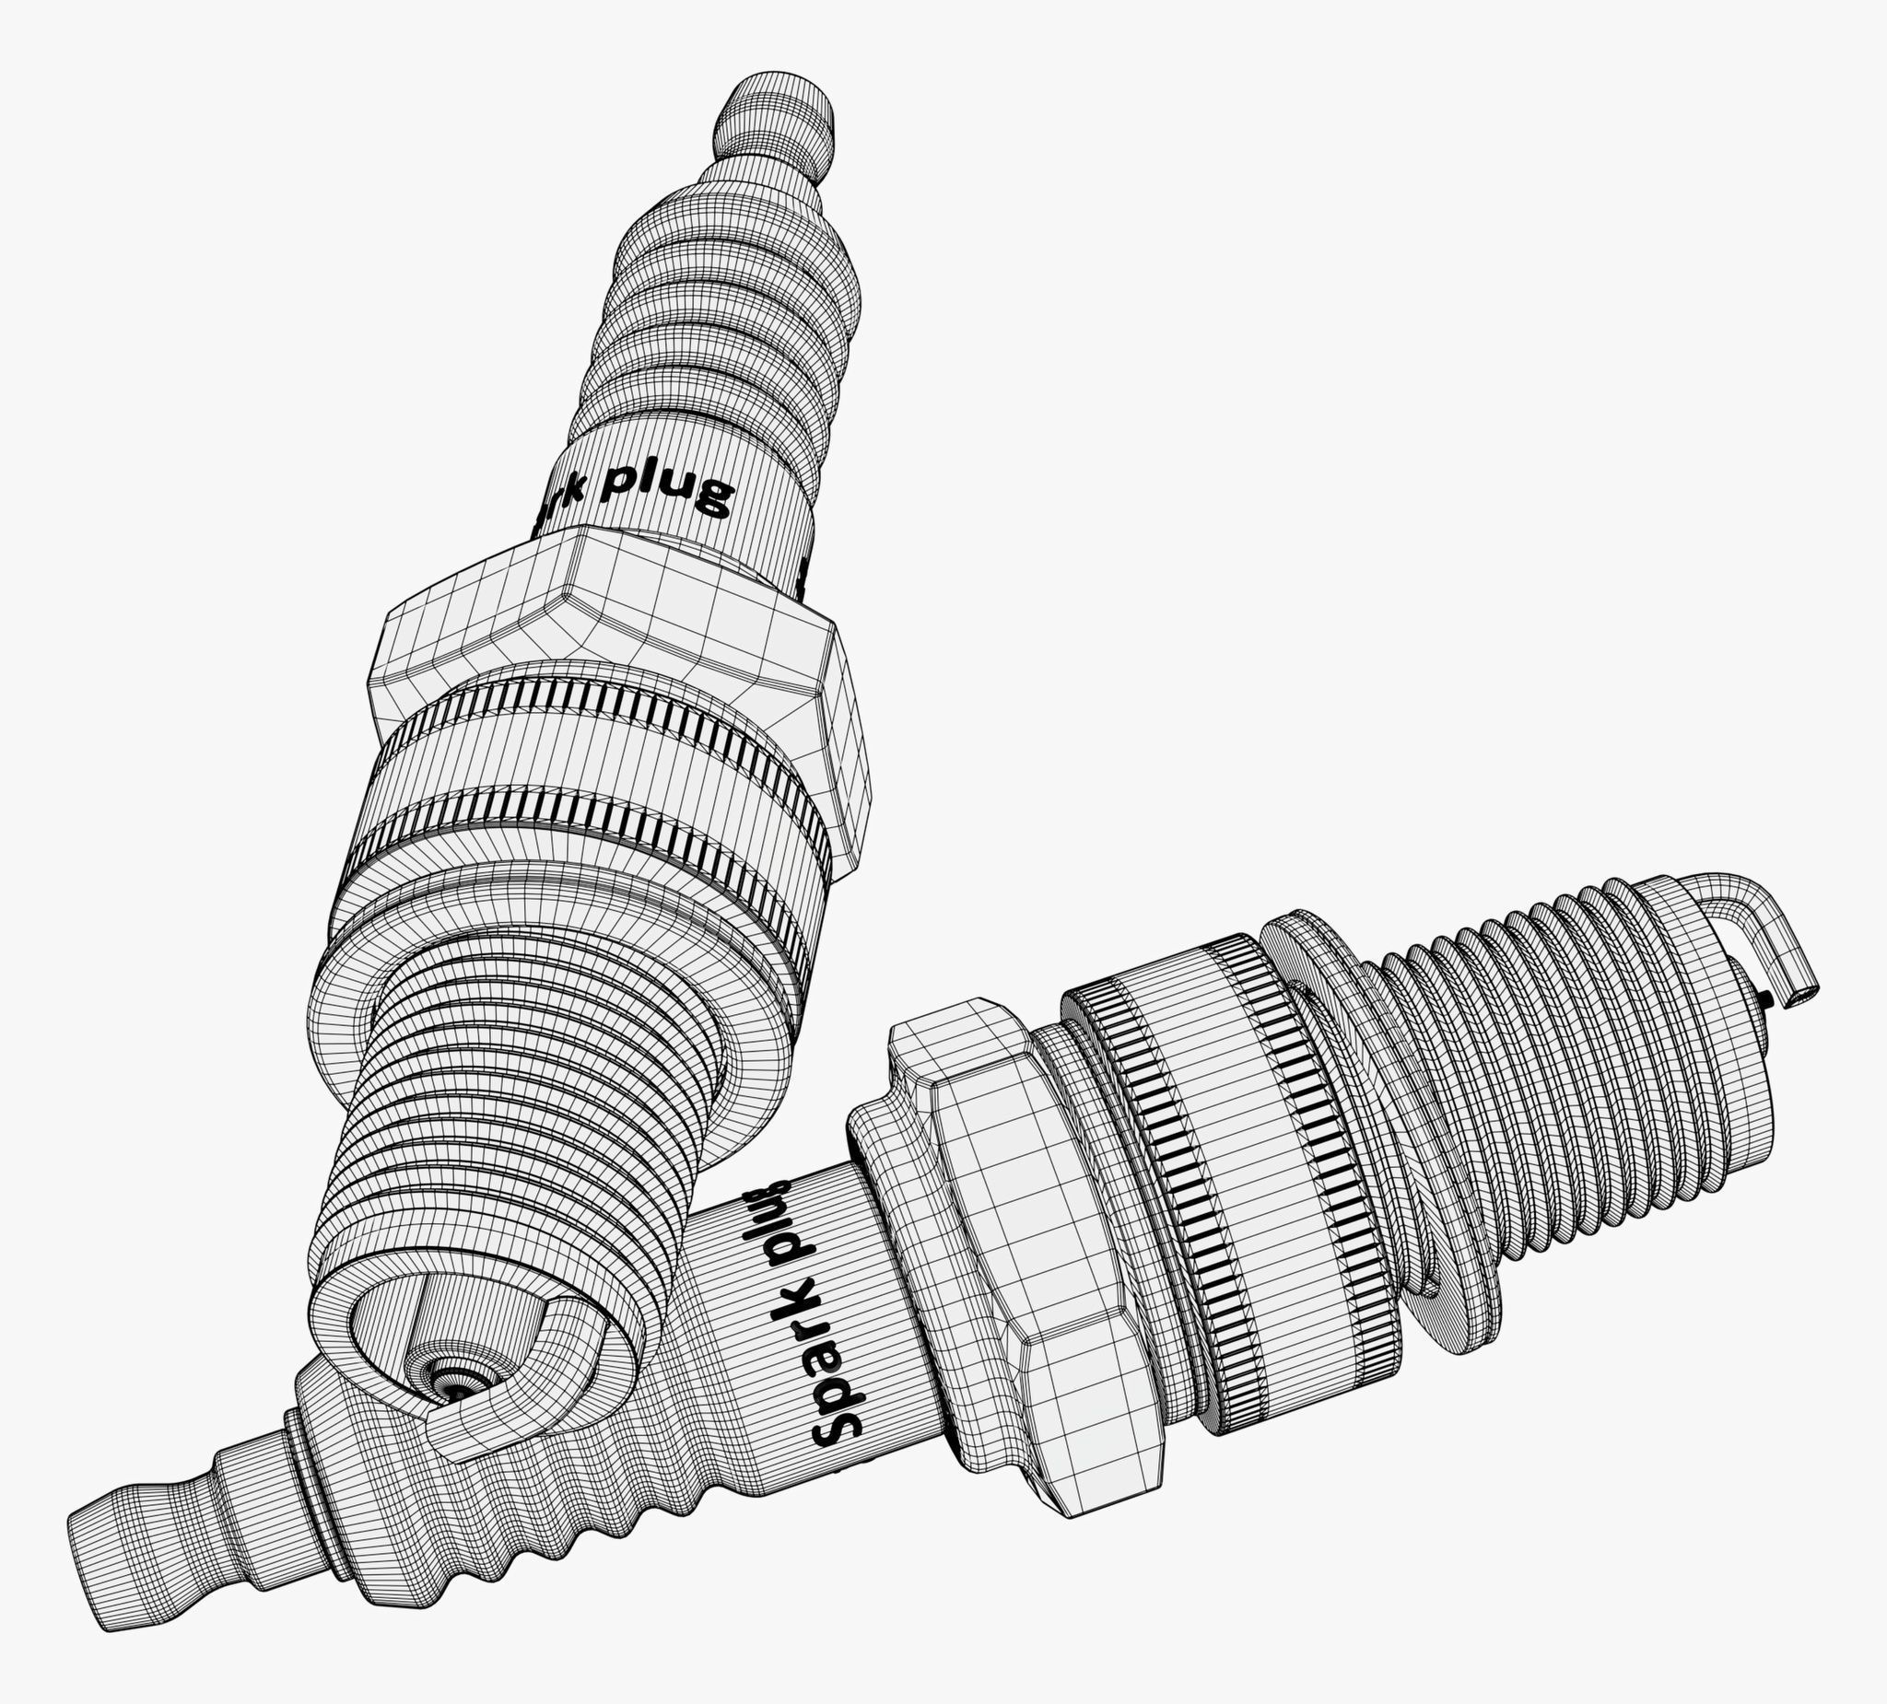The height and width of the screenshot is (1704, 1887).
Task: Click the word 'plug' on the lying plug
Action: click(x=779, y=1229)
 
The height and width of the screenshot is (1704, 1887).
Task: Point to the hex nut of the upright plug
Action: click(x=617, y=646)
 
